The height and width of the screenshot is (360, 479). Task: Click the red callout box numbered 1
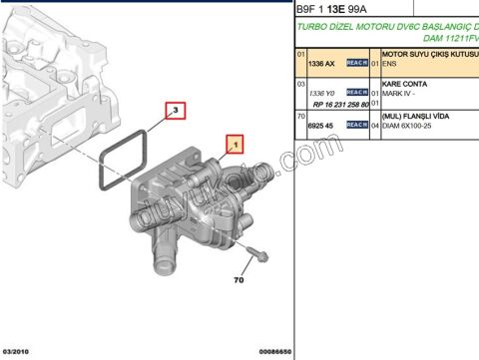tap(236, 145)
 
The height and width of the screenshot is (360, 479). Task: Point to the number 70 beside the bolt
tap(239, 280)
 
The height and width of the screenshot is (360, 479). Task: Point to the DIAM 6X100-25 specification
tap(411, 127)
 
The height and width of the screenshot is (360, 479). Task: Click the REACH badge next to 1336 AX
tap(357, 63)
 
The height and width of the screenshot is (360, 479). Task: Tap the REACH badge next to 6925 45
tap(357, 126)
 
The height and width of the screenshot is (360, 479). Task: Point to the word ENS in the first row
tap(390, 63)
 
